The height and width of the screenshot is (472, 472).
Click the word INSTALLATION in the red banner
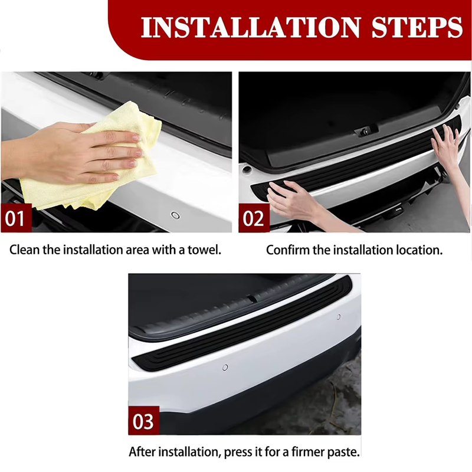(x=248, y=27)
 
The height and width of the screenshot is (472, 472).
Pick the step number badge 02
(x=253, y=219)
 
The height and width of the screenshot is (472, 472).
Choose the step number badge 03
(x=143, y=422)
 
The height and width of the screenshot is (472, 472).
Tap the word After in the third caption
(x=143, y=453)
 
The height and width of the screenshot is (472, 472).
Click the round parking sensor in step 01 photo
(x=174, y=215)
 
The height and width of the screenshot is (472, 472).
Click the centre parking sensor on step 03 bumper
(x=225, y=368)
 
